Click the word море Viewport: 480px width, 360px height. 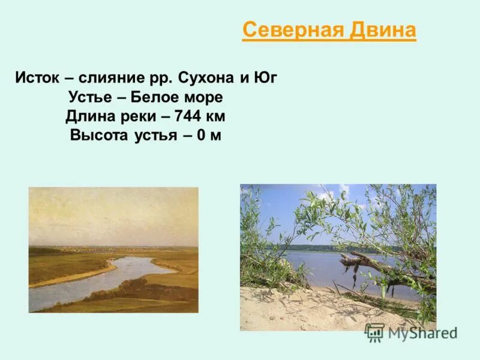coord(202,97)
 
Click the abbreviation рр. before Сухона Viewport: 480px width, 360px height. coord(158,78)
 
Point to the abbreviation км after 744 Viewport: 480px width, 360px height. coord(217,116)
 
